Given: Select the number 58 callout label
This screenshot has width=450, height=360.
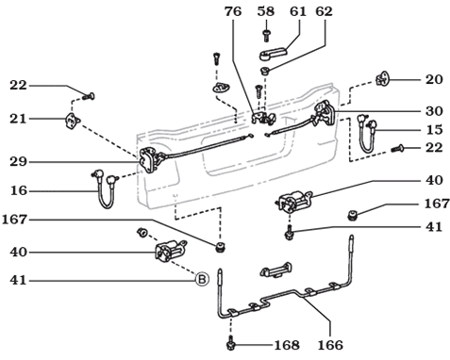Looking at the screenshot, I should (x=266, y=11).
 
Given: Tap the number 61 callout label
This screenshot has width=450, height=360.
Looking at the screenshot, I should (x=298, y=11).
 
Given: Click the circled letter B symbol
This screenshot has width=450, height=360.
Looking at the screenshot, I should (x=200, y=279).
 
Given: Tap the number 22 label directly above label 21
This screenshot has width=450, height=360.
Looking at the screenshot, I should (x=19, y=86).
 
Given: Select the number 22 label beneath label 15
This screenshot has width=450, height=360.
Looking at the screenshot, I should (x=434, y=149).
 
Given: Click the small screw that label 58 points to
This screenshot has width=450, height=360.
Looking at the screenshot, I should (x=267, y=34).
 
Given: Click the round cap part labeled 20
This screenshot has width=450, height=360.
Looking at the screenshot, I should (x=384, y=79).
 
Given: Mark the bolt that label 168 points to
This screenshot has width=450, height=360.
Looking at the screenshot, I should (x=231, y=344).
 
